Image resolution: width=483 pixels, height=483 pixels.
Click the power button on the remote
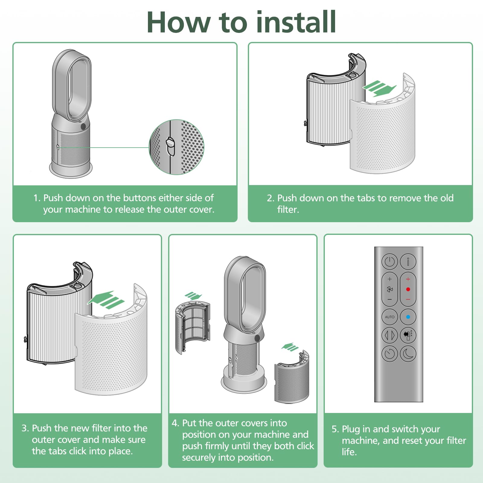(389, 261)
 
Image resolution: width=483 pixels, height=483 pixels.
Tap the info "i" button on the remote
(408, 261)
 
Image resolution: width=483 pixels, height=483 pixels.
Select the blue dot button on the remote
(408, 317)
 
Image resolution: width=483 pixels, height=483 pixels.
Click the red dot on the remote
(408, 289)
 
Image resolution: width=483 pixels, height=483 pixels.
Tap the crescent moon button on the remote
(408, 353)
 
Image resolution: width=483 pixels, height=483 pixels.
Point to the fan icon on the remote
(389, 289)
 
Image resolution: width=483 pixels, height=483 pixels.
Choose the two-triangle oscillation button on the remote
(389, 335)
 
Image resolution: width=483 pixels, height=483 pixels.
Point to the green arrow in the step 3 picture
(106, 300)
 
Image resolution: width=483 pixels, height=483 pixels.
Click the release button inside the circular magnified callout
(171, 146)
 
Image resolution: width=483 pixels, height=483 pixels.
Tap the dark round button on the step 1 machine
(83, 126)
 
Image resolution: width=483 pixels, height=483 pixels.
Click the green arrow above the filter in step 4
(193, 296)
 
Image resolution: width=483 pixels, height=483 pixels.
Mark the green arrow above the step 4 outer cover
(290, 347)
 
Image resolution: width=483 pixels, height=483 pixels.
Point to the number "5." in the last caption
(335, 429)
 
